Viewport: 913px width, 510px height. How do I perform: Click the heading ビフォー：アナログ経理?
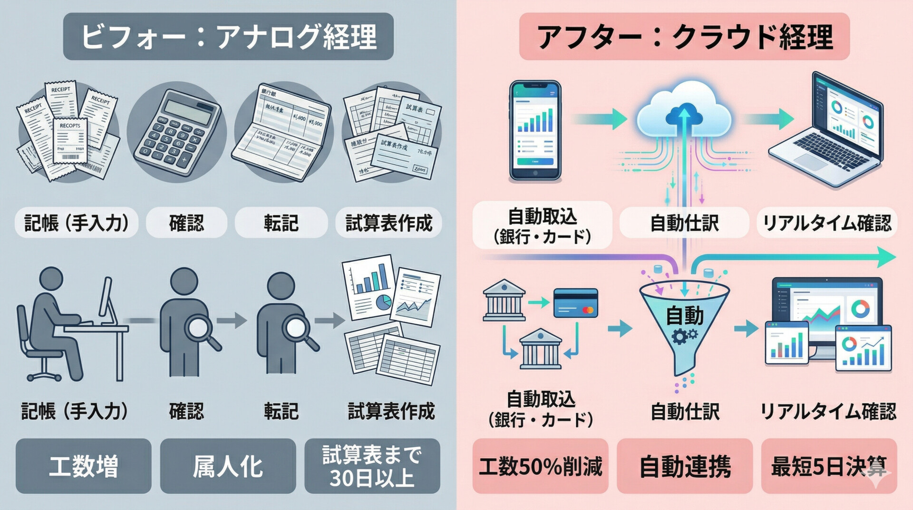228,37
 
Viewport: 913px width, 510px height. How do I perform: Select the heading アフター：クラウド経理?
684,37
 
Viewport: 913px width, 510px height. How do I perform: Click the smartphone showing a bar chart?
535,130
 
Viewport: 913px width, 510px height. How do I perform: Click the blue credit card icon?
575,303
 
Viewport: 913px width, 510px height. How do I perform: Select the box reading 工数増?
84,466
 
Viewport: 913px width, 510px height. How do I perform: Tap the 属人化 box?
228,466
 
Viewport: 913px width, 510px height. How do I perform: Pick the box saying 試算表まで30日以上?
372,466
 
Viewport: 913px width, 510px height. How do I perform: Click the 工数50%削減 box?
540,466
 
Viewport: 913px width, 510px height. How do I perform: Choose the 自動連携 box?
685,466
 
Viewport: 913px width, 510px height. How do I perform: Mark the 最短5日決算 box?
829,466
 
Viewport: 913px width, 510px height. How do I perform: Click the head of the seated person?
51,279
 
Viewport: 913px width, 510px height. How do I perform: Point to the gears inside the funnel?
684,336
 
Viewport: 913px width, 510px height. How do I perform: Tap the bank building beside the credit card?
504,300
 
